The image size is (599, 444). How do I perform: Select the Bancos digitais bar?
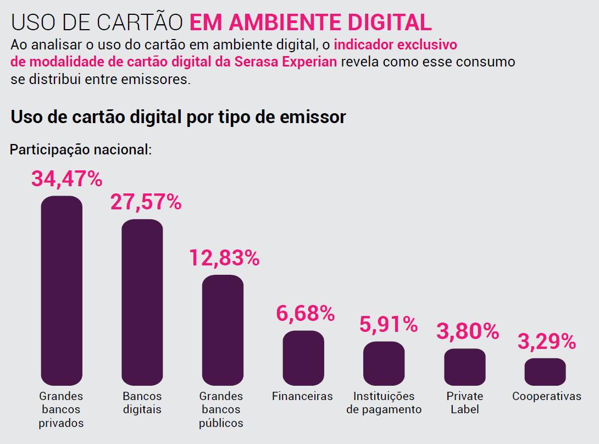pos(142,302)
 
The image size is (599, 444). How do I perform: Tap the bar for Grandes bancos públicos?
pos(223,330)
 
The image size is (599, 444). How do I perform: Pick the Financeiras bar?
pos(303,358)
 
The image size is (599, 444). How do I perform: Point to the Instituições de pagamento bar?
pos(384,363)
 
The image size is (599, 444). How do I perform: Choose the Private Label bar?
pos(464,367)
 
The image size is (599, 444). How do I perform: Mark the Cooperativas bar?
pos(545,371)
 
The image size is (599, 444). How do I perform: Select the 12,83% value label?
pos(224,257)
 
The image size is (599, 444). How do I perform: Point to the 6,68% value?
pos(305,313)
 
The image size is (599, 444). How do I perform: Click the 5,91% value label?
pos(389,324)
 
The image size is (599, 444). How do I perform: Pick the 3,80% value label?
pos(467,331)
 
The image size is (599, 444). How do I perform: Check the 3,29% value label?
pos(546,341)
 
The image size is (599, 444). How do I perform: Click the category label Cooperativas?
pos(546,396)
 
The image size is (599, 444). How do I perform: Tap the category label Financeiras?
pos(302,396)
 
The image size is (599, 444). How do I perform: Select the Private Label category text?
pos(464,403)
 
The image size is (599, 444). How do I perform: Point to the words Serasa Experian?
pos(285,62)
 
